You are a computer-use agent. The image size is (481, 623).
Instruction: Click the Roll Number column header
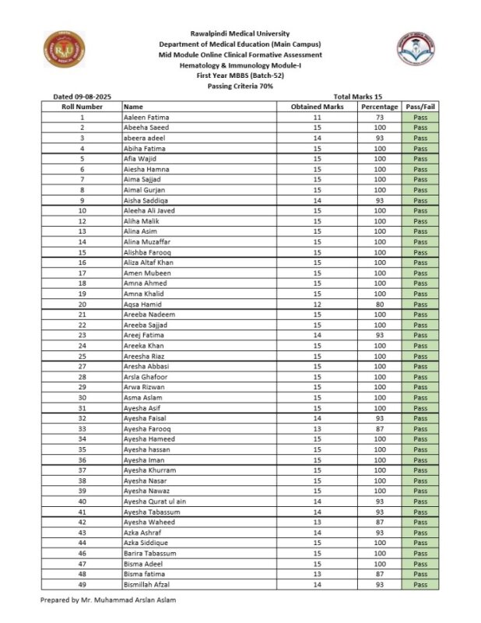tap(82, 107)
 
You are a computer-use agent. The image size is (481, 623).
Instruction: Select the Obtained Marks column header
tap(317, 107)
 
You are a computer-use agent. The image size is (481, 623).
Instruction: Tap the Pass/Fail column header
tap(420, 107)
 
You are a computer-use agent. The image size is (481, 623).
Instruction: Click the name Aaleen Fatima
tap(146, 117)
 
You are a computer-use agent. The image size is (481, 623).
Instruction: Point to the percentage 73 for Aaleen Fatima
tap(380, 117)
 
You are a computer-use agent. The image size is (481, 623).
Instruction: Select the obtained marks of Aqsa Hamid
tap(317, 304)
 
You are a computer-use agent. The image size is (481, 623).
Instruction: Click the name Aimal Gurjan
tap(144, 189)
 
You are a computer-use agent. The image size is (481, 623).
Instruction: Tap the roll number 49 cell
tap(82, 584)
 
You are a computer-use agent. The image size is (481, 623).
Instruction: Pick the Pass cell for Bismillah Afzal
tap(420, 584)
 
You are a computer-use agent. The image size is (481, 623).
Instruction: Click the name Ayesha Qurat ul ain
tap(155, 501)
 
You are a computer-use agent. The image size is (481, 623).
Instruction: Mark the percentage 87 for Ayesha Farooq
tap(380, 428)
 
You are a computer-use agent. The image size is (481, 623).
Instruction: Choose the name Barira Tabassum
tap(150, 553)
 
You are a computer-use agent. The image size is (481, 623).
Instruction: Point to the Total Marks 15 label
tap(358, 96)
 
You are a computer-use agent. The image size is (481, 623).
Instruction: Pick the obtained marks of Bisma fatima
tap(317, 574)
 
